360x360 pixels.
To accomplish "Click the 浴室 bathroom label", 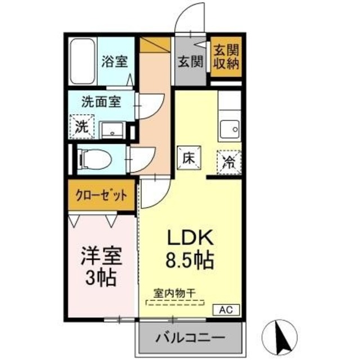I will tap(114, 62).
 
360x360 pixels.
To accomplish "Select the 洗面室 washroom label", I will tap(101, 103).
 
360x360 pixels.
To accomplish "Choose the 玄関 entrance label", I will tap(191, 62).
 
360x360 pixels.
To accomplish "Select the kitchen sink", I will tap(229, 129).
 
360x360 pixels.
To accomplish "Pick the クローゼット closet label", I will tap(102, 196).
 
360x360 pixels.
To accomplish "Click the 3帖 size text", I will tap(102, 277).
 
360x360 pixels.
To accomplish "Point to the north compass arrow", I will tap(280, 334).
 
